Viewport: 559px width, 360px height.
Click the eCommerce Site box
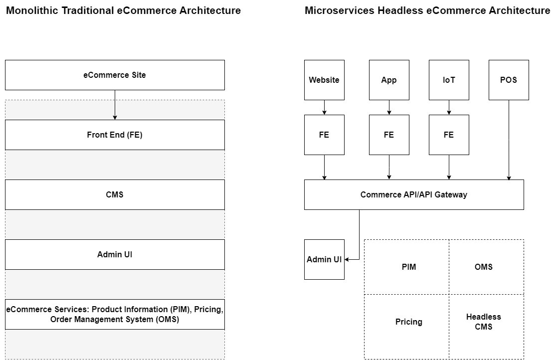[x=115, y=75]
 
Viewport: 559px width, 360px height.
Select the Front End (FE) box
[x=115, y=135]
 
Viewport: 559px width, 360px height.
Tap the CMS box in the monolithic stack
[x=115, y=194]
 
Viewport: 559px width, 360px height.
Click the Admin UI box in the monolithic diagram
[x=115, y=254]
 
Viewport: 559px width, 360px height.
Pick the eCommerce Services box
[x=115, y=314]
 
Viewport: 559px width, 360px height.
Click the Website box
[x=324, y=80]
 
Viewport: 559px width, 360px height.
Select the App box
[x=389, y=80]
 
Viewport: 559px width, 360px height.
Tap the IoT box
[x=449, y=80]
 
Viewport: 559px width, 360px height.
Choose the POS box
[x=509, y=80]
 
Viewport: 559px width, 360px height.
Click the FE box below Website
[x=324, y=135]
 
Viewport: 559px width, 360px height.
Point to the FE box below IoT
[x=449, y=135]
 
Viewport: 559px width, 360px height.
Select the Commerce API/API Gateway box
[x=414, y=194]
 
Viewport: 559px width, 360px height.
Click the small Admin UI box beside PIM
[x=324, y=259]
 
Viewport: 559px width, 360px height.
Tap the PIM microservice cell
[x=407, y=267]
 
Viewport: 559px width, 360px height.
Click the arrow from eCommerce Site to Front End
[x=115, y=105]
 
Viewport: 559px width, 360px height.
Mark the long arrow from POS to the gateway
[x=509, y=140]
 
